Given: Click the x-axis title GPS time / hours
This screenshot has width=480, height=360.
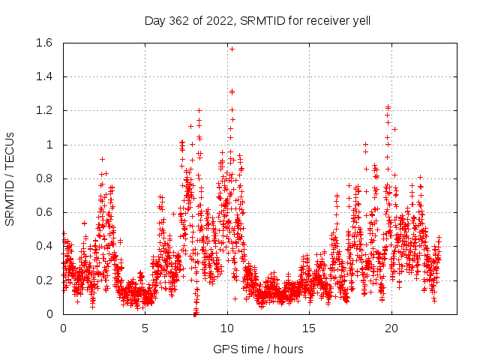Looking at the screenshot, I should (258, 349).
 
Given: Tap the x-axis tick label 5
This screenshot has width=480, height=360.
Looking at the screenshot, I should (145, 328).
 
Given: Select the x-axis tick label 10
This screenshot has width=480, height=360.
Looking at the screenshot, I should (226, 328).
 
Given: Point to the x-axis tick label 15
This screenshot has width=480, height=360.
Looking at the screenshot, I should (308, 328).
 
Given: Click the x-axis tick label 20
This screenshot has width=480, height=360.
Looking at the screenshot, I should (390, 328).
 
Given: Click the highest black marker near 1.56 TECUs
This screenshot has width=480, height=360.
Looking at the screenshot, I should (232, 49).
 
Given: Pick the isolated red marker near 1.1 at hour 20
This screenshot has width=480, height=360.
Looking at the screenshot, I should (394, 129).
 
